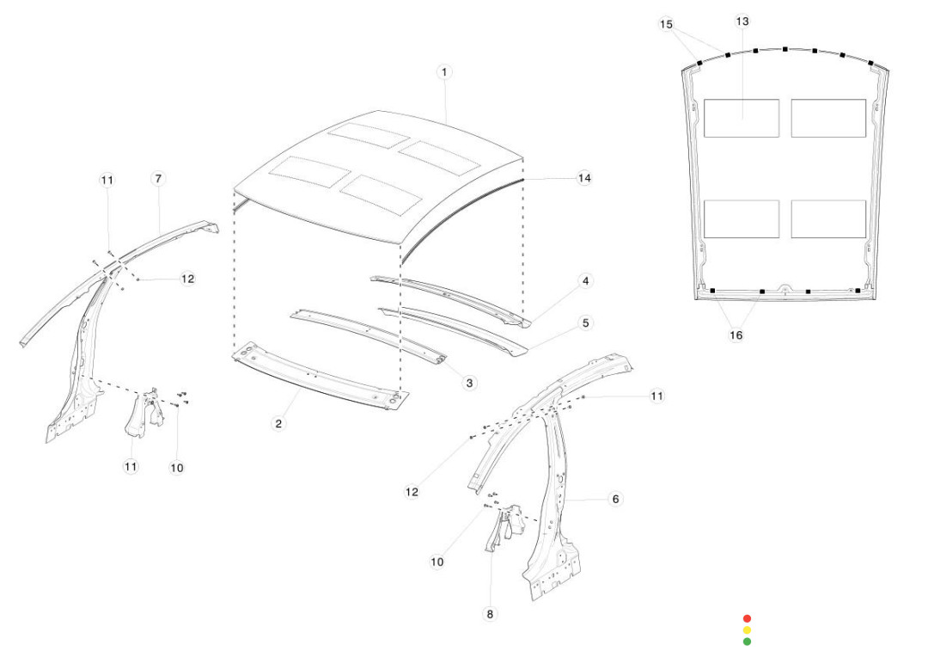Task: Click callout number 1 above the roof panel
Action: [x=444, y=72]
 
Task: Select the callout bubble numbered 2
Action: [x=278, y=423]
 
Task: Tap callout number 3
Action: [x=469, y=383]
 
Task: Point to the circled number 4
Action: [x=585, y=281]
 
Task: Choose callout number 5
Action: [x=585, y=323]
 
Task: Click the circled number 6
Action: [x=615, y=499]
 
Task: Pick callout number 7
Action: [x=158, y=179]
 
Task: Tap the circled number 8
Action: [x=491, y=614]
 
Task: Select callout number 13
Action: [x=742, y=21]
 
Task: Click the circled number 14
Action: [x=584, y=178]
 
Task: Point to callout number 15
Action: [x=667, y=25]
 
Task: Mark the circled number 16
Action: [x=736, y=335]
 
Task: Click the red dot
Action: [x=747, y=618]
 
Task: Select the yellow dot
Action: [x=747, y=629]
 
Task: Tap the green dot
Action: [x=747, y=642]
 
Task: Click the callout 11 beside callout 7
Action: [x=107, y=180]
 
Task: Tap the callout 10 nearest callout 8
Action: [x=437, y=562]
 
